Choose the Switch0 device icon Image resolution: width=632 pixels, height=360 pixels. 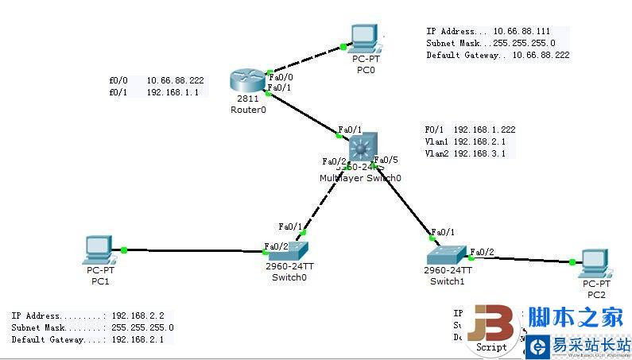point(284,250)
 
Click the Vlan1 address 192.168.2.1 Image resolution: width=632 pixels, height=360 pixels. point(479,141)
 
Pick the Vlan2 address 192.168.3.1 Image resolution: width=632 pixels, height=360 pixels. point(479,153)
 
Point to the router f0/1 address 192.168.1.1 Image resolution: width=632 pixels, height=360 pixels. point(173,92)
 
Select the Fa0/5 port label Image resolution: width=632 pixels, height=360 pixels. point(386,160)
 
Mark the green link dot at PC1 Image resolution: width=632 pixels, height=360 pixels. point(124,250)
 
